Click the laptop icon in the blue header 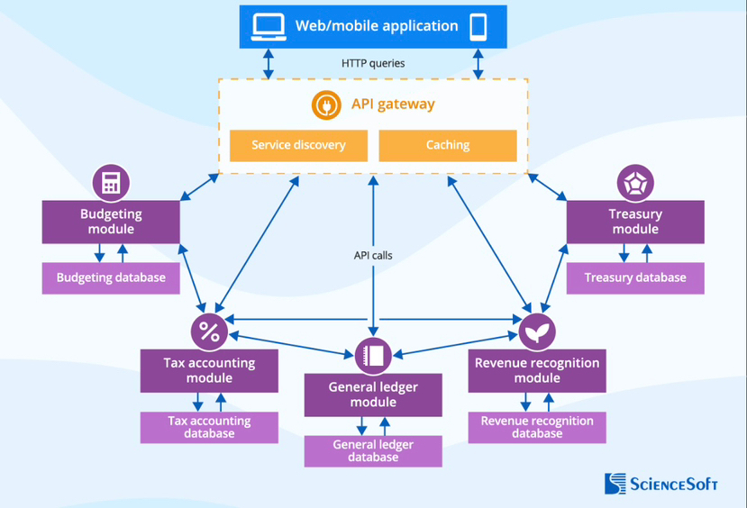pos(268,26)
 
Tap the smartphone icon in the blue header pos(478,26)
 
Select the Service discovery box pos(298,145)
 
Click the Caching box pos(448,145)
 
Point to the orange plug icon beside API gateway pos(326,104)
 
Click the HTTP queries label pos(373,63)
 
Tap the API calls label pos(373,255)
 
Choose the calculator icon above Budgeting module pos(111,183)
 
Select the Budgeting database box pos(111,277)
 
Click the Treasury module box pos(635,222)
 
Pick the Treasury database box pos(635,277)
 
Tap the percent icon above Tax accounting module pos(209,331)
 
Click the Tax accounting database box pos(209,427)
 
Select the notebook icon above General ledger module pos(373,356)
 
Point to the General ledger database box pos(373,451)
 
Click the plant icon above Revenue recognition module pos(537,331)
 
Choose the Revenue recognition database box pos(537,427)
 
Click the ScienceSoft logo pos(661,484)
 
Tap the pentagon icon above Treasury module pos(635,183)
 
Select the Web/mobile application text pos(377,26)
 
